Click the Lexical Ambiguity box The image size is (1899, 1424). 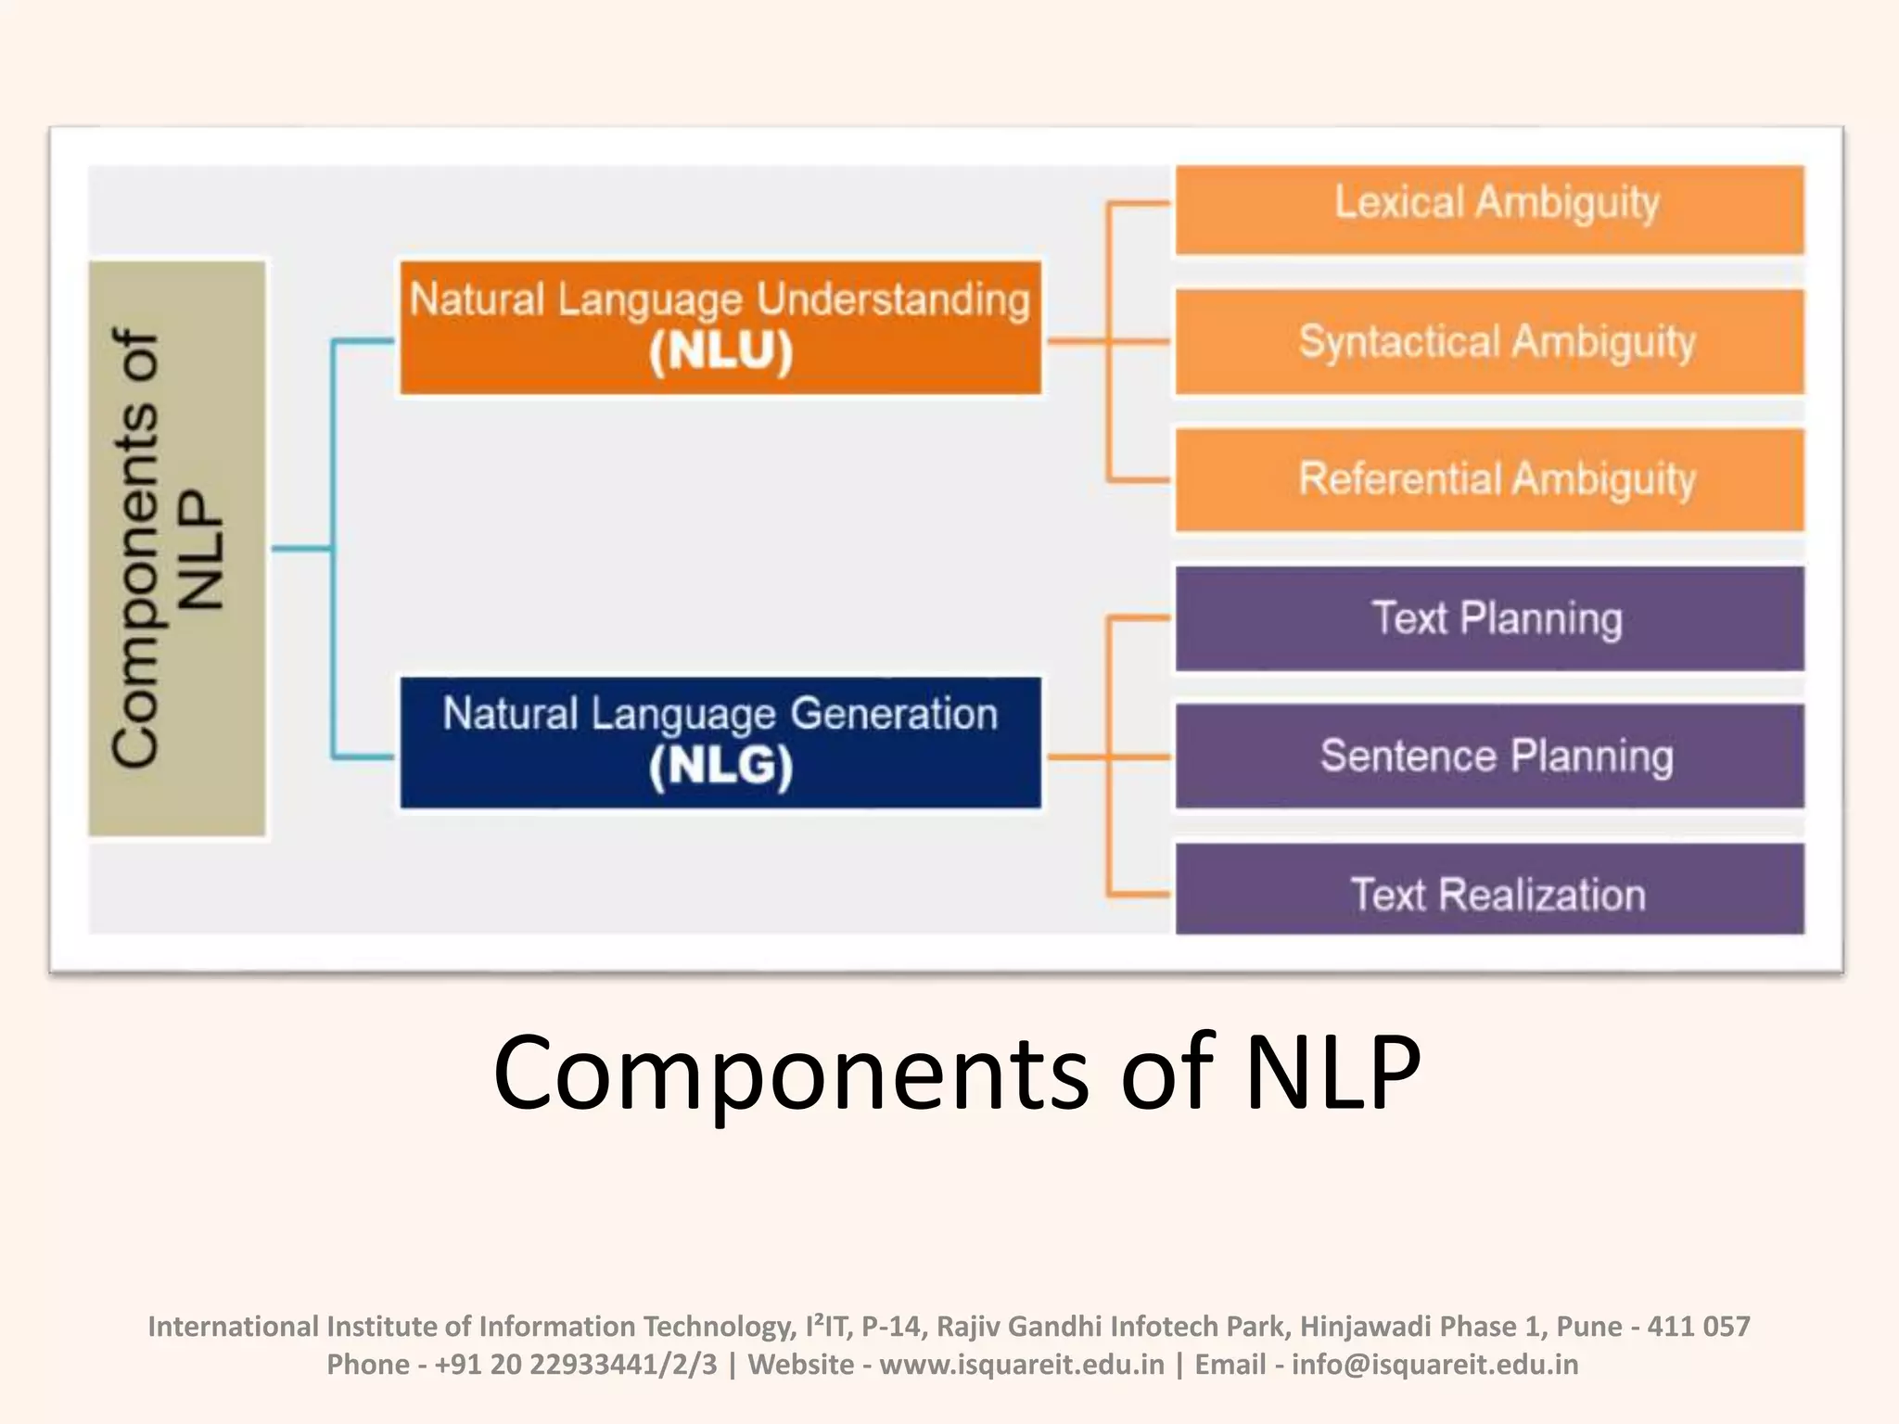click(1489, 209)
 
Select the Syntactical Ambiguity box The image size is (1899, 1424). click(1489, 342)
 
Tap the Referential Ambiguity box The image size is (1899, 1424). click(1489, 479)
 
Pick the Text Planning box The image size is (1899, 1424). click(1489, 618)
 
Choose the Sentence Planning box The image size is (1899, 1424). click(1489, 756)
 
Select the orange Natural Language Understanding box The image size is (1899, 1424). click(720, 327)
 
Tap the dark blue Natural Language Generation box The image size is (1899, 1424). click(720, 743)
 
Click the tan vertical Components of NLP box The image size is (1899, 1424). click(177, 548)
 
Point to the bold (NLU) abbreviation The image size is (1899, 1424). click(720, 352)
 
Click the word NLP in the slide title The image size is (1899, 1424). click(1332, 1073)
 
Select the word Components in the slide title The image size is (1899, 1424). click(790, 1073)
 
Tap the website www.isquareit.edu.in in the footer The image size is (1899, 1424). click(1021, 1365)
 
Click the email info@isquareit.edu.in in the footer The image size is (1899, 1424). click(1434, 1365)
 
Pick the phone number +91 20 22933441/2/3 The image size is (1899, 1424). click(576, 1365)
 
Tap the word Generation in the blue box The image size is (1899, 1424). click(894, 714)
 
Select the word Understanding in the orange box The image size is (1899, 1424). click(893, 299)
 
